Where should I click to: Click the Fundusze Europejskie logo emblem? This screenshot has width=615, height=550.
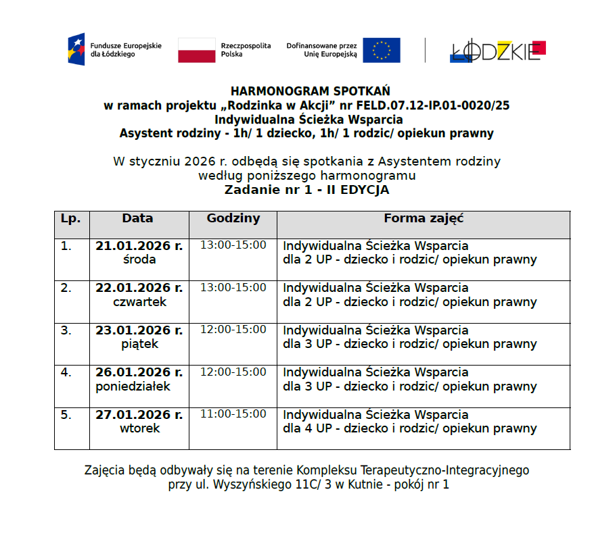point(76,49)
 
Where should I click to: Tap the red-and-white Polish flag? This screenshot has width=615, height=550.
point(197,50)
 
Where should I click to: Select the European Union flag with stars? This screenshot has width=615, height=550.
point(382,50)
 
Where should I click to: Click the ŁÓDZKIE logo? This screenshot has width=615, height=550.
point(498,51)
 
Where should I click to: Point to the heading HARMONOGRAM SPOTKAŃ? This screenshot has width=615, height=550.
point(310,91)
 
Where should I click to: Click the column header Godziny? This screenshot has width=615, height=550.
point(233,219)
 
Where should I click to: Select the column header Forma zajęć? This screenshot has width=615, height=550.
point(423,219)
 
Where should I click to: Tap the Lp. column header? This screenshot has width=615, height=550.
point(70,219)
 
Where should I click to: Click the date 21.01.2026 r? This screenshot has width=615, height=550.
point(139,246)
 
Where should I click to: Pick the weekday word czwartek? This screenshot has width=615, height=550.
point(139,302)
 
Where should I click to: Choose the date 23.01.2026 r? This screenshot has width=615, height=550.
point(139,330)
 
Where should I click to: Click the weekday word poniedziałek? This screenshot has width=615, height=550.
point(133,386)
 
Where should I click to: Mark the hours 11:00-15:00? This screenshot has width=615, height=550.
point(233,414)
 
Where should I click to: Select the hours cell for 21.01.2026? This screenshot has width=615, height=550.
point(233,245)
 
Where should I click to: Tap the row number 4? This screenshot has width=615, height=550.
point(66,372)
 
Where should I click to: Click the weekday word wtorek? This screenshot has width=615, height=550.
point(139,428)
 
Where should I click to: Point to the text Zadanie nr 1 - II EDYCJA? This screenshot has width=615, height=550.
point(306,190)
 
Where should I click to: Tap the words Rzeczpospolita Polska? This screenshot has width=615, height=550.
point(246,50)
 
